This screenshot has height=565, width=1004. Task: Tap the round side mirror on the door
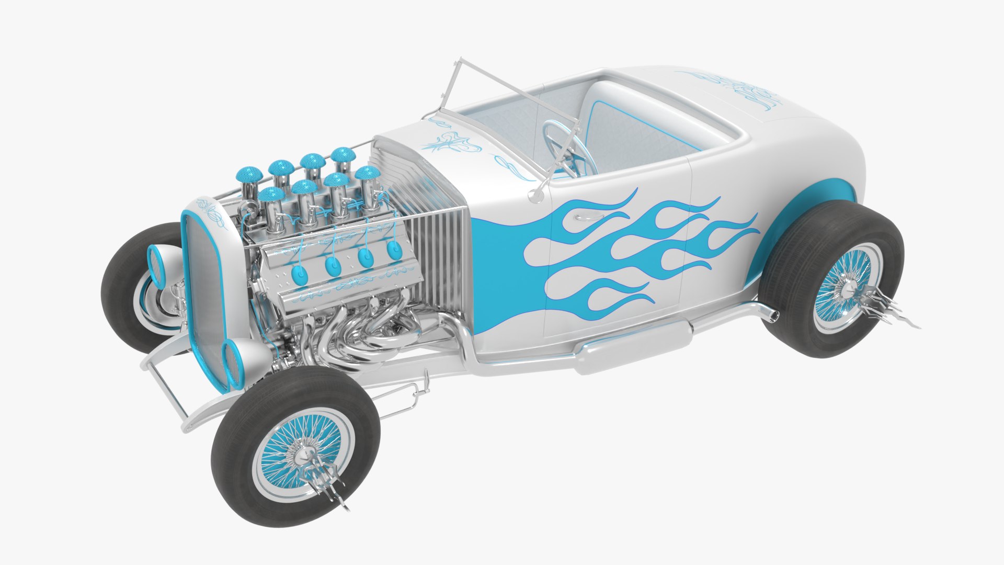coord(536,195)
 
